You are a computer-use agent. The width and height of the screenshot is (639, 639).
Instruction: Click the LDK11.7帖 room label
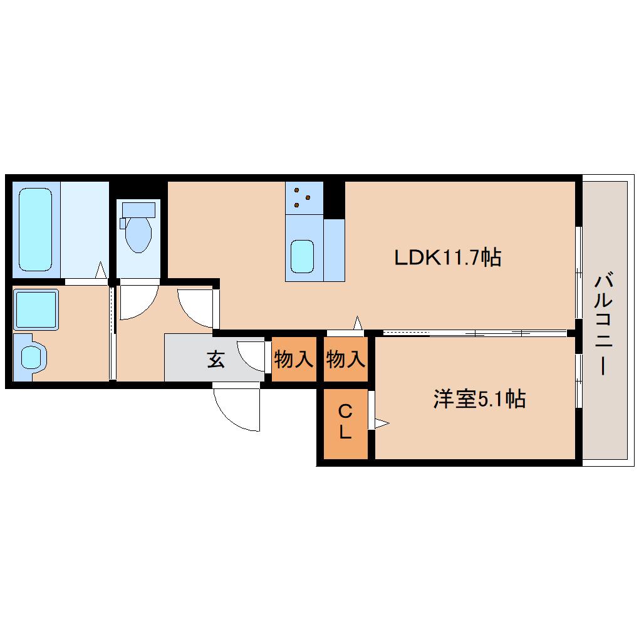(x=447, y=257)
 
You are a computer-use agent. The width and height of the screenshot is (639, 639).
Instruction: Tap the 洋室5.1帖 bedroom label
(x=479, y=399)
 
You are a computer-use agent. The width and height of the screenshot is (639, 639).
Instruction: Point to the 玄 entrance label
(x=216, y=359)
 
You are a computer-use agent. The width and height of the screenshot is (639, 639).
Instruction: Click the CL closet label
(x=345, y=422)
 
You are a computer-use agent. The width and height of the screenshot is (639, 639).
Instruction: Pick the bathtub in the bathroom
(x=36, y=229)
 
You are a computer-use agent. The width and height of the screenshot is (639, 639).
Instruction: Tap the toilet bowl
(x=138, y=235)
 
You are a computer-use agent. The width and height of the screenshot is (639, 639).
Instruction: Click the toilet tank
(x=138, y=210)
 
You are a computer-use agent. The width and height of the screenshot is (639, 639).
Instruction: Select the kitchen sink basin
(x=302, y=256)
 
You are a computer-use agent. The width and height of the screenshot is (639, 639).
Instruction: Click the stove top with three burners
(x=304, y=198)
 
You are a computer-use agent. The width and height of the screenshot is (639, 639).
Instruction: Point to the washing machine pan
(x=36, y=309)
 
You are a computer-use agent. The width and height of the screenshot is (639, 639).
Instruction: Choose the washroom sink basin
(x=33, y=357)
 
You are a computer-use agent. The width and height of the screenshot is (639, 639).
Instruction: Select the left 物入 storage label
(x=294, y=360)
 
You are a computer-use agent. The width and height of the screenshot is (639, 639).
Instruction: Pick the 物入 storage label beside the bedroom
(x=346, y=360)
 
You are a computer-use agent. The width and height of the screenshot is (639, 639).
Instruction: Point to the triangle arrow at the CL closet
(x=382, y=423)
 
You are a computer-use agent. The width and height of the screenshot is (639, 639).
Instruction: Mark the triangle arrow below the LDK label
(x=358, y=323)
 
